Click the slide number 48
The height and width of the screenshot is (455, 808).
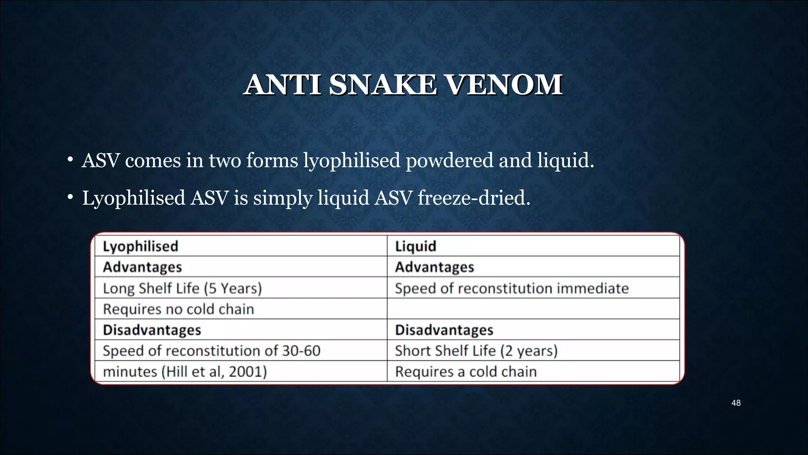[x=736, y=403]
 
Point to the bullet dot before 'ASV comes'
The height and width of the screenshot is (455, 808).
[x=70, y=160]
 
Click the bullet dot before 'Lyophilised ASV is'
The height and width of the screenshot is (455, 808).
[x=70, y=197]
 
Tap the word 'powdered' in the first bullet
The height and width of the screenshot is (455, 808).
[x=449, y=161]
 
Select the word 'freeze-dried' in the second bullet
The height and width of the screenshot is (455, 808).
[x=473, y=197]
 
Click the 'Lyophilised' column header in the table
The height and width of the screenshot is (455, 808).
[x=140, y=246]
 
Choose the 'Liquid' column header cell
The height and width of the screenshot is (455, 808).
[x=415, y=246]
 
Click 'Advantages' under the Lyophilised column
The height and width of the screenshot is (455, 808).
[x=142, y=267]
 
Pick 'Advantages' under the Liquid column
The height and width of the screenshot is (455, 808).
[x=434, y=267]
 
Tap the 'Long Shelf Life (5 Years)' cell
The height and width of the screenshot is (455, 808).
[x=182, y=288]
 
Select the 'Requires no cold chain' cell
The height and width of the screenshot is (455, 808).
[x=178, y=309]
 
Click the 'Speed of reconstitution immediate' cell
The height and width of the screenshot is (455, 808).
[x=512, y=288]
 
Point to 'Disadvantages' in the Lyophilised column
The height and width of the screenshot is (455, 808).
[x=152, y=330]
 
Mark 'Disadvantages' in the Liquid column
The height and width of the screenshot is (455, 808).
[x=444, y=330]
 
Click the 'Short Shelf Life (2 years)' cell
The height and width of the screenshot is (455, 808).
[x=476, y=351]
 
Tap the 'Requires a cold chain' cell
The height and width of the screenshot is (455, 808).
[x=466, y=372]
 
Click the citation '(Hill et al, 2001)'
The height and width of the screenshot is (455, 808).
[x=214, y=372]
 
